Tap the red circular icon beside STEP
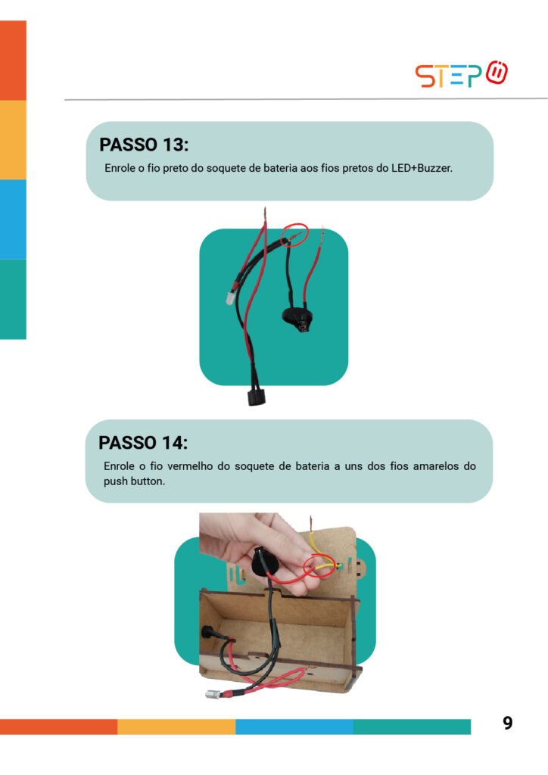click(497, 73)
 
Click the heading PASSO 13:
click(144, 145)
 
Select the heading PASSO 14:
click(143, 443)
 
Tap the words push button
click(134, 481)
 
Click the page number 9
click(507, 723)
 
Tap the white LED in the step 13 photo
click(230, 297)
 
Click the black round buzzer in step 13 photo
click(296, 316)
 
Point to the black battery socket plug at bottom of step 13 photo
click(256, 397)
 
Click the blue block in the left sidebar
click(13, 219)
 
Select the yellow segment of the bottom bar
click(176, 727)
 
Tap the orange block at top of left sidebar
click(13, 61)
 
